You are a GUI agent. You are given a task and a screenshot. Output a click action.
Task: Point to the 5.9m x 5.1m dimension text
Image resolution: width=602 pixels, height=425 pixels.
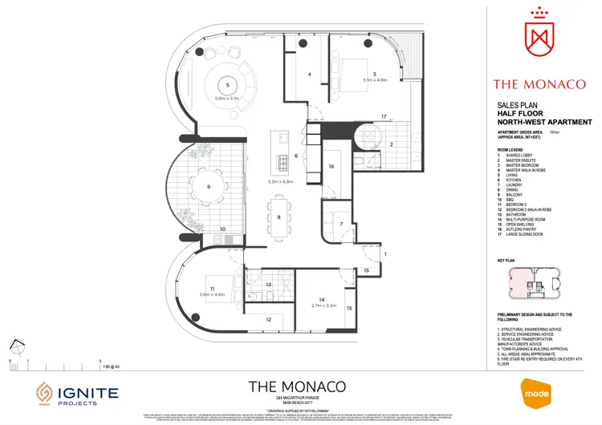coord(228,98)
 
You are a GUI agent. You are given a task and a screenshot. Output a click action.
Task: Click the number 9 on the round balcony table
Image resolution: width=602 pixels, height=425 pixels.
coord(208,187)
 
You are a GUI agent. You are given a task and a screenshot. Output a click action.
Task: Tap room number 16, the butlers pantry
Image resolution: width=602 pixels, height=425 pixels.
coord(331,167)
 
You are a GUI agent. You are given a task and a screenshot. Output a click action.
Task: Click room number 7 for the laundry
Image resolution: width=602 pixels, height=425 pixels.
coord(341,224)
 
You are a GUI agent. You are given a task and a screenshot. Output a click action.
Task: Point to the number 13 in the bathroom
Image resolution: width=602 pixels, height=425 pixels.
coord(269,285)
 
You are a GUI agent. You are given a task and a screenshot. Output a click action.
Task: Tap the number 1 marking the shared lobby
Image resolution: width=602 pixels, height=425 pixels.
coord(384,254)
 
